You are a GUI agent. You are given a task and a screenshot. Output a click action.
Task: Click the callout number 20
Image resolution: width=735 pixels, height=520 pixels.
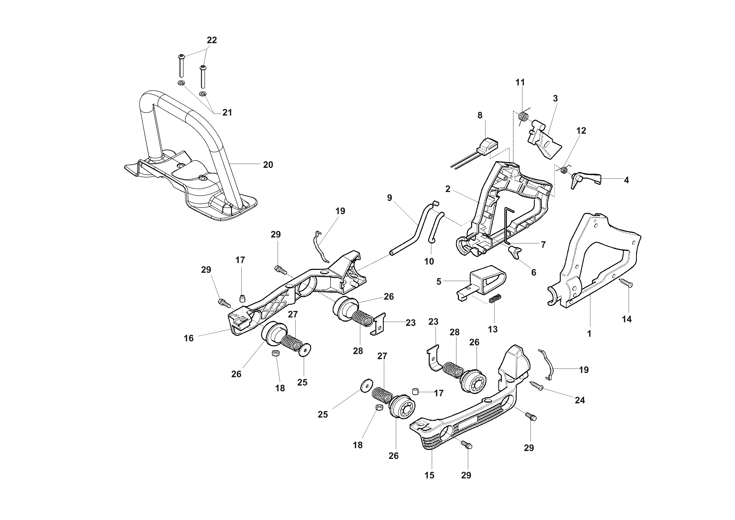pos(268,165)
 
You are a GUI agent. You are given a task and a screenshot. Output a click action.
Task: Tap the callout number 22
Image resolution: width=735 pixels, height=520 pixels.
pos(212,40)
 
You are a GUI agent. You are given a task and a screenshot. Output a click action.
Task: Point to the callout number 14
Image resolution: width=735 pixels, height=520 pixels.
pos(626,319)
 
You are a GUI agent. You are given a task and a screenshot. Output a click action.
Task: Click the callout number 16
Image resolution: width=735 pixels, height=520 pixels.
pos(189,338)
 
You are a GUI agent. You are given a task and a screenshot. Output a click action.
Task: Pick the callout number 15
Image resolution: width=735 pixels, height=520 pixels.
pos(429,475)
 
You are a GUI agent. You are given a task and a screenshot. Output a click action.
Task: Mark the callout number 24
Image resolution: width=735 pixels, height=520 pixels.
pos(580,400)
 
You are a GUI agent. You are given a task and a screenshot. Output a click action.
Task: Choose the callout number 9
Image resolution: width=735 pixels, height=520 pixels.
pos(389,198)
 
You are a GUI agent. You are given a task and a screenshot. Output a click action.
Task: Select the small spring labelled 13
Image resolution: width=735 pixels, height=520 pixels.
pos(495,298)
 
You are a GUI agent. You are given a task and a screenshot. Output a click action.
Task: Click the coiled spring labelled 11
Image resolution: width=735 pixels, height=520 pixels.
pos(523,117)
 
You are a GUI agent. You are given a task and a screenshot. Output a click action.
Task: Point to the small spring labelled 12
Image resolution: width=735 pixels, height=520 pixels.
pos(564,170)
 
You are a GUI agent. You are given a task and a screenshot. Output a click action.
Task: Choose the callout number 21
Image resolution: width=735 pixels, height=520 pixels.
pos(227,113)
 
